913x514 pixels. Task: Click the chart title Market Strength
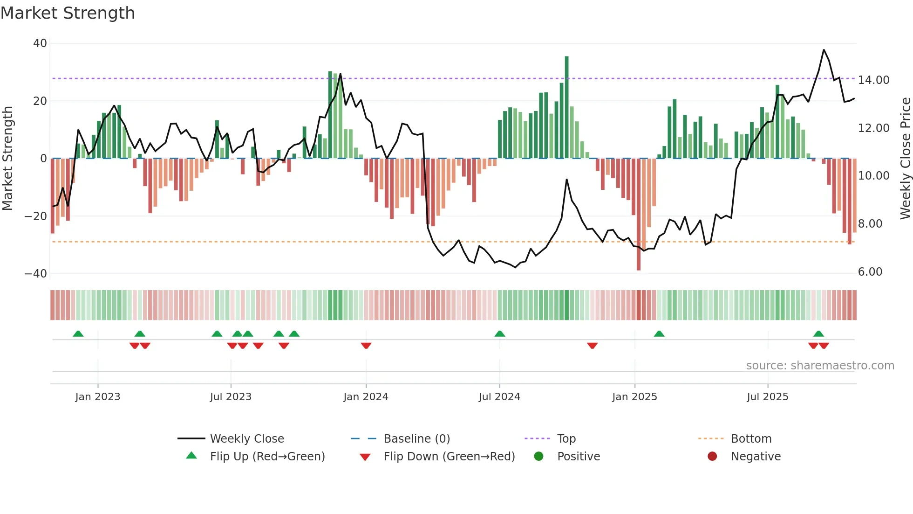68,13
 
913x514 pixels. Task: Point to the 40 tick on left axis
40,43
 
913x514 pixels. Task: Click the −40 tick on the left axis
36,274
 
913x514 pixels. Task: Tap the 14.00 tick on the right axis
873,80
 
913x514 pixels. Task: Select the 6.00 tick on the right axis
870,272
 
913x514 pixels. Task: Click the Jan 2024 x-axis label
366,397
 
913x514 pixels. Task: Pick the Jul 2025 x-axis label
767,397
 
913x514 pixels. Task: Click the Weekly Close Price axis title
905,159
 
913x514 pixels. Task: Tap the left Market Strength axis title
7,159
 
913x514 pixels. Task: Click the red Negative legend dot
712,457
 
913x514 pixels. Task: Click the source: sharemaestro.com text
820,366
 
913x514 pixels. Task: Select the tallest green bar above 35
566,107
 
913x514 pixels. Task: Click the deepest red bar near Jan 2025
639,215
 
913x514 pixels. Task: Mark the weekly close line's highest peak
824,50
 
